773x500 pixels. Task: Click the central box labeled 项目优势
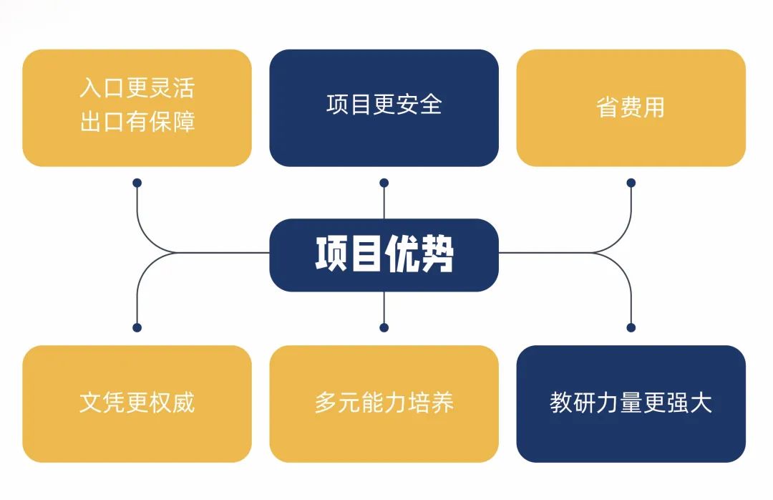click(x=384, y=255)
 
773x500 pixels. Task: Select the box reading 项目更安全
click(x=384, y=107)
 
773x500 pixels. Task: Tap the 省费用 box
click(x=631, y=107)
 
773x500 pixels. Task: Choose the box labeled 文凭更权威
click(x=137, y=404)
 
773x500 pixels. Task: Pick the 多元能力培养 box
click(x=384, y=404)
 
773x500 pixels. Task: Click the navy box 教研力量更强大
click(x=631, y=404)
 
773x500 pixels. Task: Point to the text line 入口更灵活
click(x=137, y=88)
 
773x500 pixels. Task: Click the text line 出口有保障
click(x=137, y=122)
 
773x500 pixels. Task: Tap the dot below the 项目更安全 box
click(x=384, y=183)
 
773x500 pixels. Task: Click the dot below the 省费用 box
click(x=631, y=183)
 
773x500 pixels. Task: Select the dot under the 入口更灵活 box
click(x=137, y=183)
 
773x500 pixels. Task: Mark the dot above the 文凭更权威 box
click(x=137, y=328)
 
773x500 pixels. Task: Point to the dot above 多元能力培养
click(x=384, y=328)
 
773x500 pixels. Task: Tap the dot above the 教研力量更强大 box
click(x=631, y=328)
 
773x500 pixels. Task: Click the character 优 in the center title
click(x=402, y=254)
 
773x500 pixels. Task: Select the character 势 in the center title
click(x=437, y=254)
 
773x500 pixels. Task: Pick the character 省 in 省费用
click(x=608, y=107)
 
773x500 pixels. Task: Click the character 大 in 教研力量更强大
click(x=701, y=403)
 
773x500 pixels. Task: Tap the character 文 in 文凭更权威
click(x=91, y=403)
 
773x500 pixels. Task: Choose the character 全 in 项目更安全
click(x=430, y=104)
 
